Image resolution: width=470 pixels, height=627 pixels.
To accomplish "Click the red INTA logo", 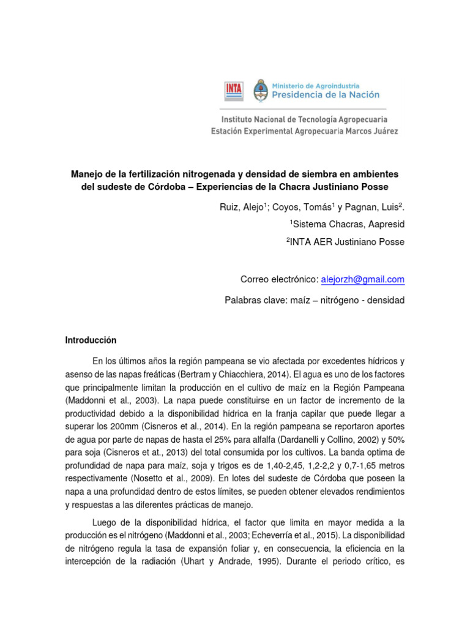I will point(233,91).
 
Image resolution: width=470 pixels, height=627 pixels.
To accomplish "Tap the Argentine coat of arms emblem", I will point(261,90).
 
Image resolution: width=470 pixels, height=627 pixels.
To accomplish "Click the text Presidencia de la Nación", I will point(325,95).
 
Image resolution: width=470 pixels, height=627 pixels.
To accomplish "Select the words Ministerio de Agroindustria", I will point(315,86).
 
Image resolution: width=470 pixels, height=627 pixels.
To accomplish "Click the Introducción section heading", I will point(91,340).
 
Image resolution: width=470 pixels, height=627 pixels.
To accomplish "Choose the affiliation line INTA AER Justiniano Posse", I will point(347,242).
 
